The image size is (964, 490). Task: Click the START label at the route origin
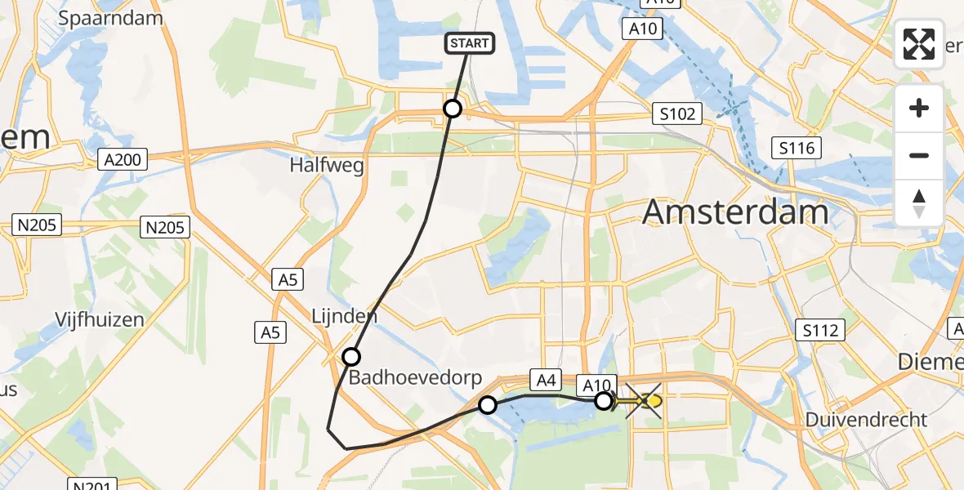pyautogui.click(x=469, y=43)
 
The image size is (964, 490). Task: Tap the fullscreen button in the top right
pyautogui.click(x=919, y=44)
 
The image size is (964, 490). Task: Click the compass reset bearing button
pyautogui.click(x=919, y=203)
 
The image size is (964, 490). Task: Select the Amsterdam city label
pyautogui.click(x=735, y=212)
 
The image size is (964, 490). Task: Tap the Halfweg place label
pyautogui.click(x=326, y=165)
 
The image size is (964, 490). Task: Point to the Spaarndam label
pyautogui.click(x=117, y=17)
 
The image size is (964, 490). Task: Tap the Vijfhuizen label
pyautogui.click(x=100, y=319)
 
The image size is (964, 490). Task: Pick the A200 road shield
pyautogui.click(x=123, y=159)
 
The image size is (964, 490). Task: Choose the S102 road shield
pyautogui.click(x=677, y=114)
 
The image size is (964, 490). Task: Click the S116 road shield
pyautogui.click(x=797, y=148)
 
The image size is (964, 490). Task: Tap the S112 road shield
pyautogui.click(x=819, y=330)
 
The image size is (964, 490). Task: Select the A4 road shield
pyautogui.click(x=546, y=378)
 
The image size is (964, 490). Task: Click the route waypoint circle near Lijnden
pyautogui.click(x=351, y=356)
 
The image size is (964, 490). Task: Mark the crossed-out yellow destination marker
pyautogui.click(x=645, y=401)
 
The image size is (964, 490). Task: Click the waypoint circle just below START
pyautogui.click(x=452, y=108)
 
